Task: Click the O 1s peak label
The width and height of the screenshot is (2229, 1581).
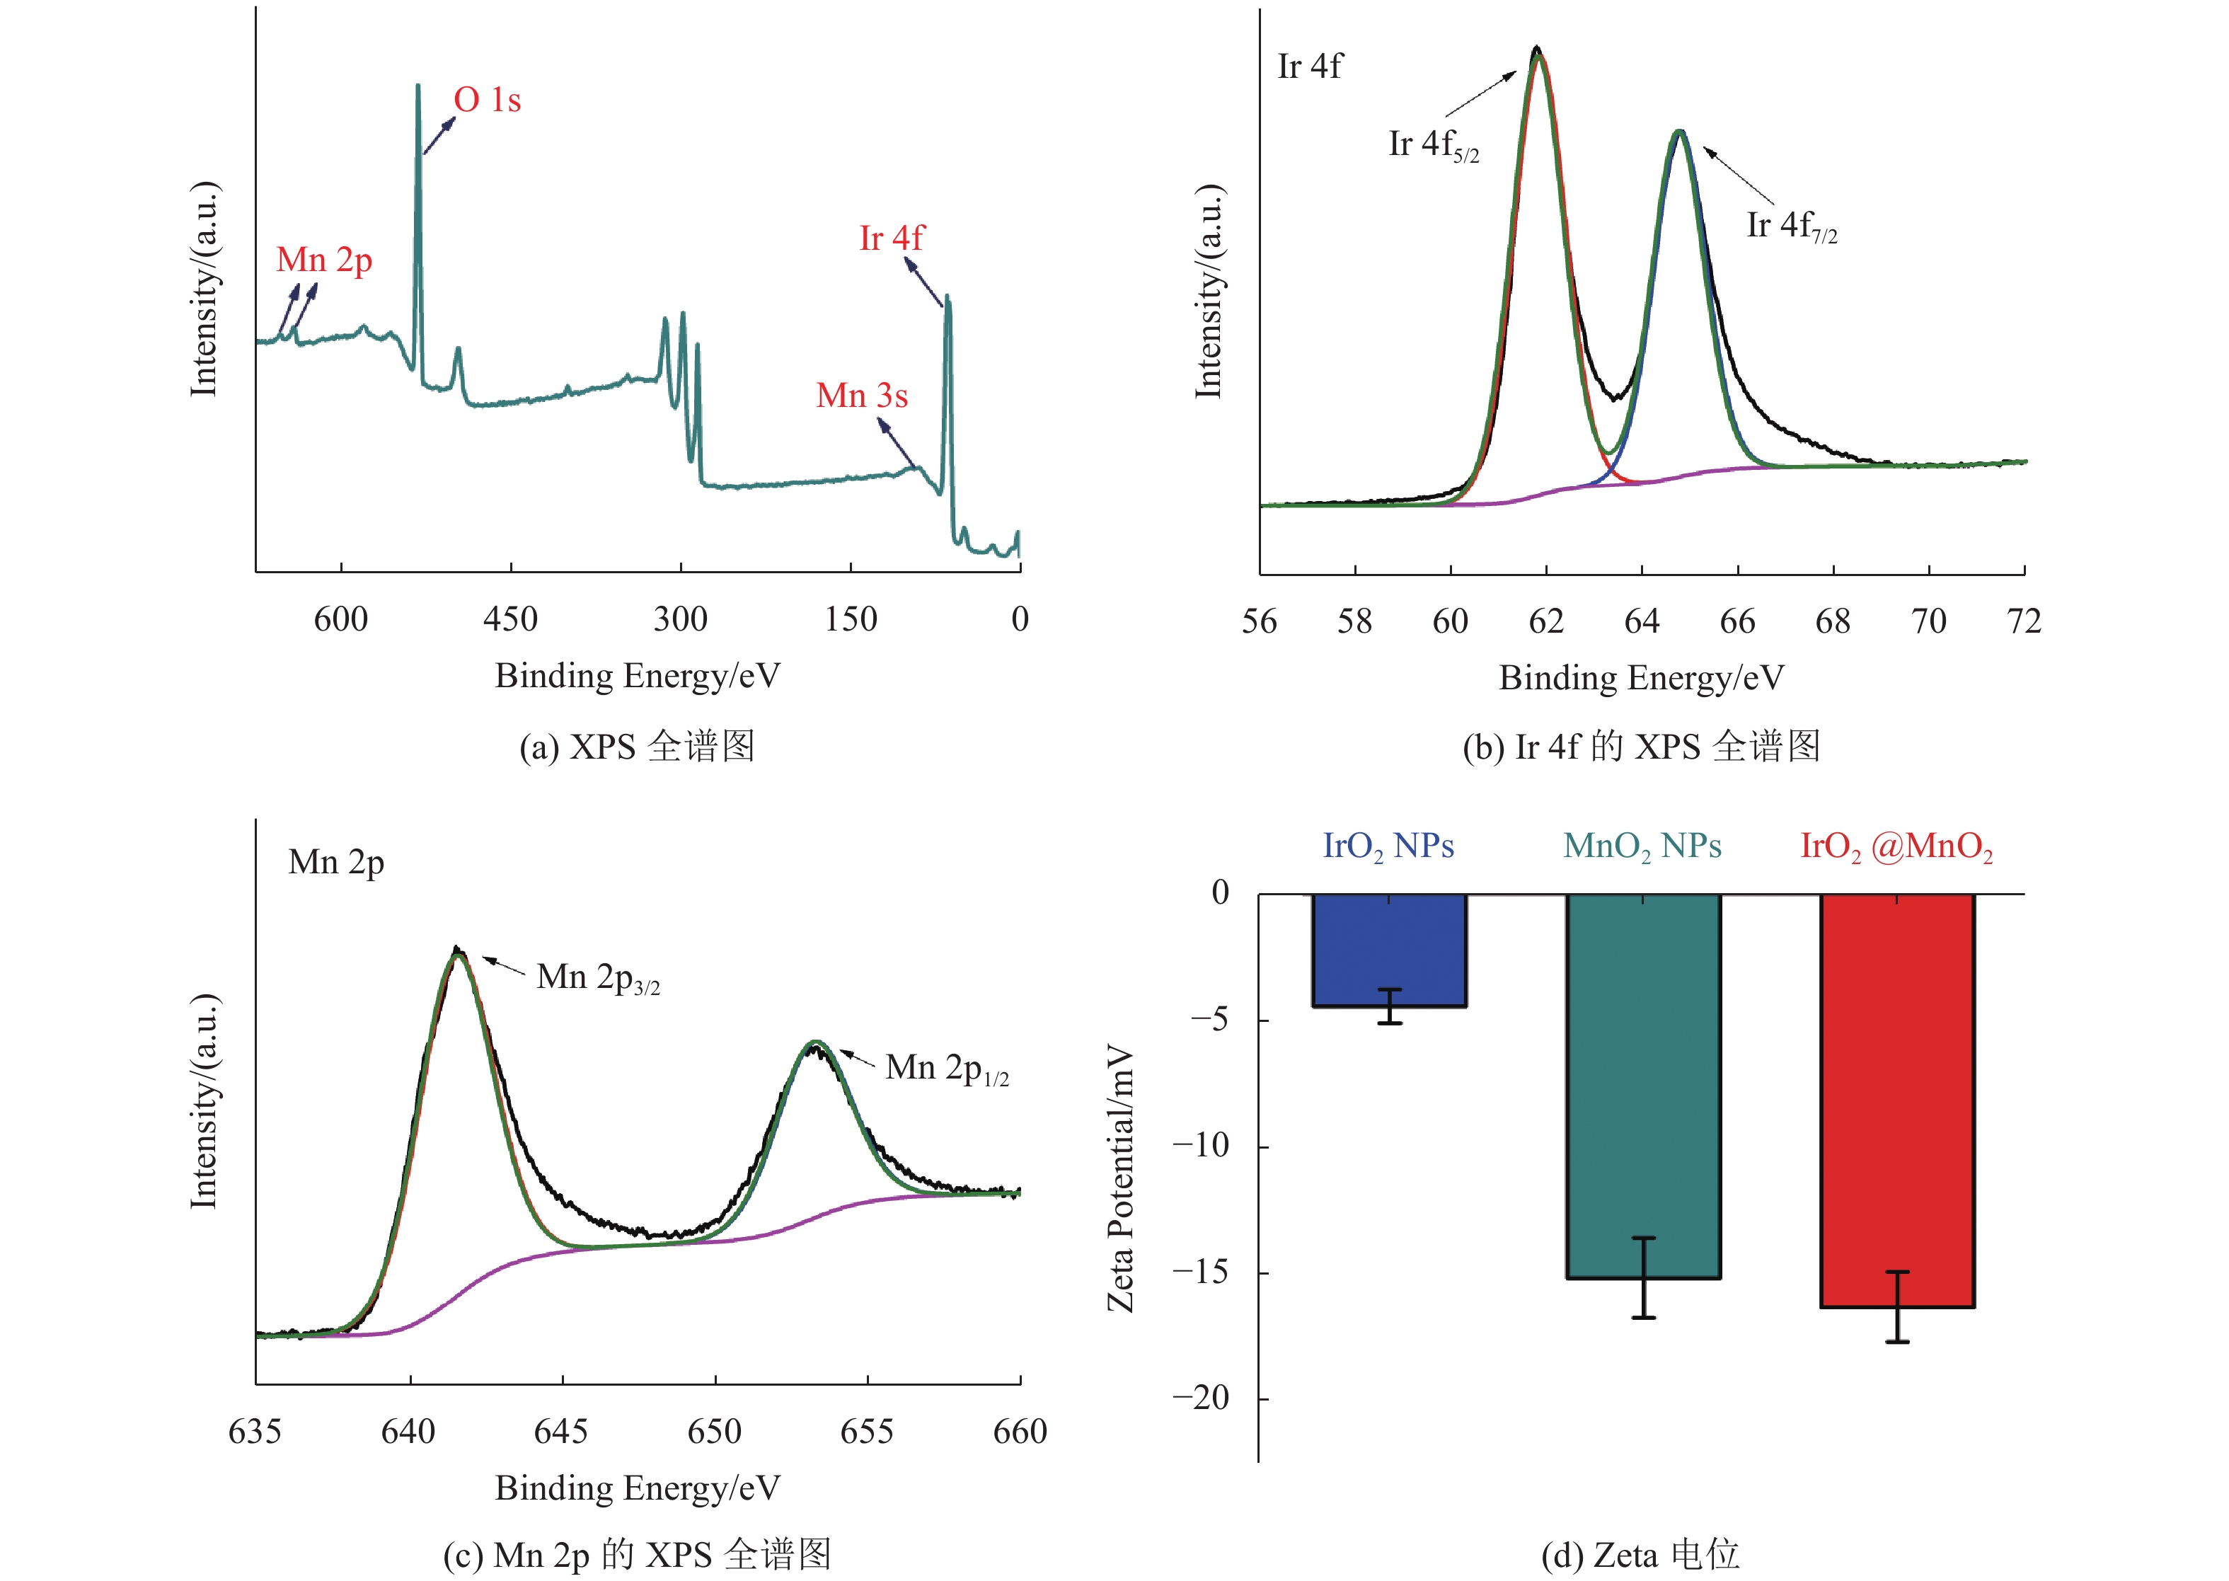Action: (x=487, y=100)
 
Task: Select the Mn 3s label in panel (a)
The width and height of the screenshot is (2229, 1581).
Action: (x=861, y=396)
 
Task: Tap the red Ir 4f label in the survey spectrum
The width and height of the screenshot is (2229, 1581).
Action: (x=891, y=238)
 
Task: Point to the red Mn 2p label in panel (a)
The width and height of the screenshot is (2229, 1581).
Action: (x=324, y=261)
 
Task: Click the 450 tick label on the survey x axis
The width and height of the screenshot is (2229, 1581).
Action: (x=510, y=619)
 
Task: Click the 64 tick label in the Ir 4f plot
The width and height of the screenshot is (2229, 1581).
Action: (x=1642, y=621)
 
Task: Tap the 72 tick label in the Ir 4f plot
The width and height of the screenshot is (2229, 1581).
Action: (x=2024, y=621)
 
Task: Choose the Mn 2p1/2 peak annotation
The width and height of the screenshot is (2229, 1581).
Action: (x=946, y=1068)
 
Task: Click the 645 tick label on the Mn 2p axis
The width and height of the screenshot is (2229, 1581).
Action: (x=562, y=1431)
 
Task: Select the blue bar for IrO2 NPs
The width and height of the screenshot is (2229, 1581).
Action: (x=1389, y=949)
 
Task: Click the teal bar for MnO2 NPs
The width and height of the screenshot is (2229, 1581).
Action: (x=1643, y=1086)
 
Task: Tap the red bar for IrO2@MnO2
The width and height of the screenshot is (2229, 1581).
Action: (x=1897, y=1100)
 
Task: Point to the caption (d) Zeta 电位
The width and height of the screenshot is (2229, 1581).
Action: (x=1641, y=1555)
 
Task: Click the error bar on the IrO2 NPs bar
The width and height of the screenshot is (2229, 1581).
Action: (x=1389, y=1006)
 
